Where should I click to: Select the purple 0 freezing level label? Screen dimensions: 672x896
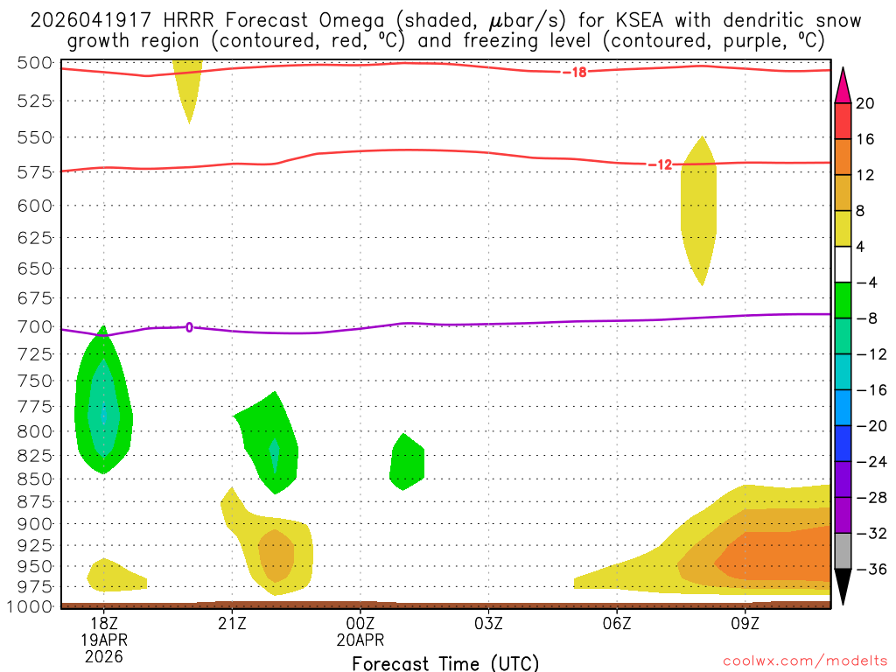click(x=189, y=328)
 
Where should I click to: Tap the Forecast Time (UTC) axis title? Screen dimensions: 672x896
click(x=445, y=663)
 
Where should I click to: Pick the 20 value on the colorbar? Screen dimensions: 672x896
click(x=865, y=103)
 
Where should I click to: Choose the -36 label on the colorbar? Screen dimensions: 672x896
click(x=865, y=569)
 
